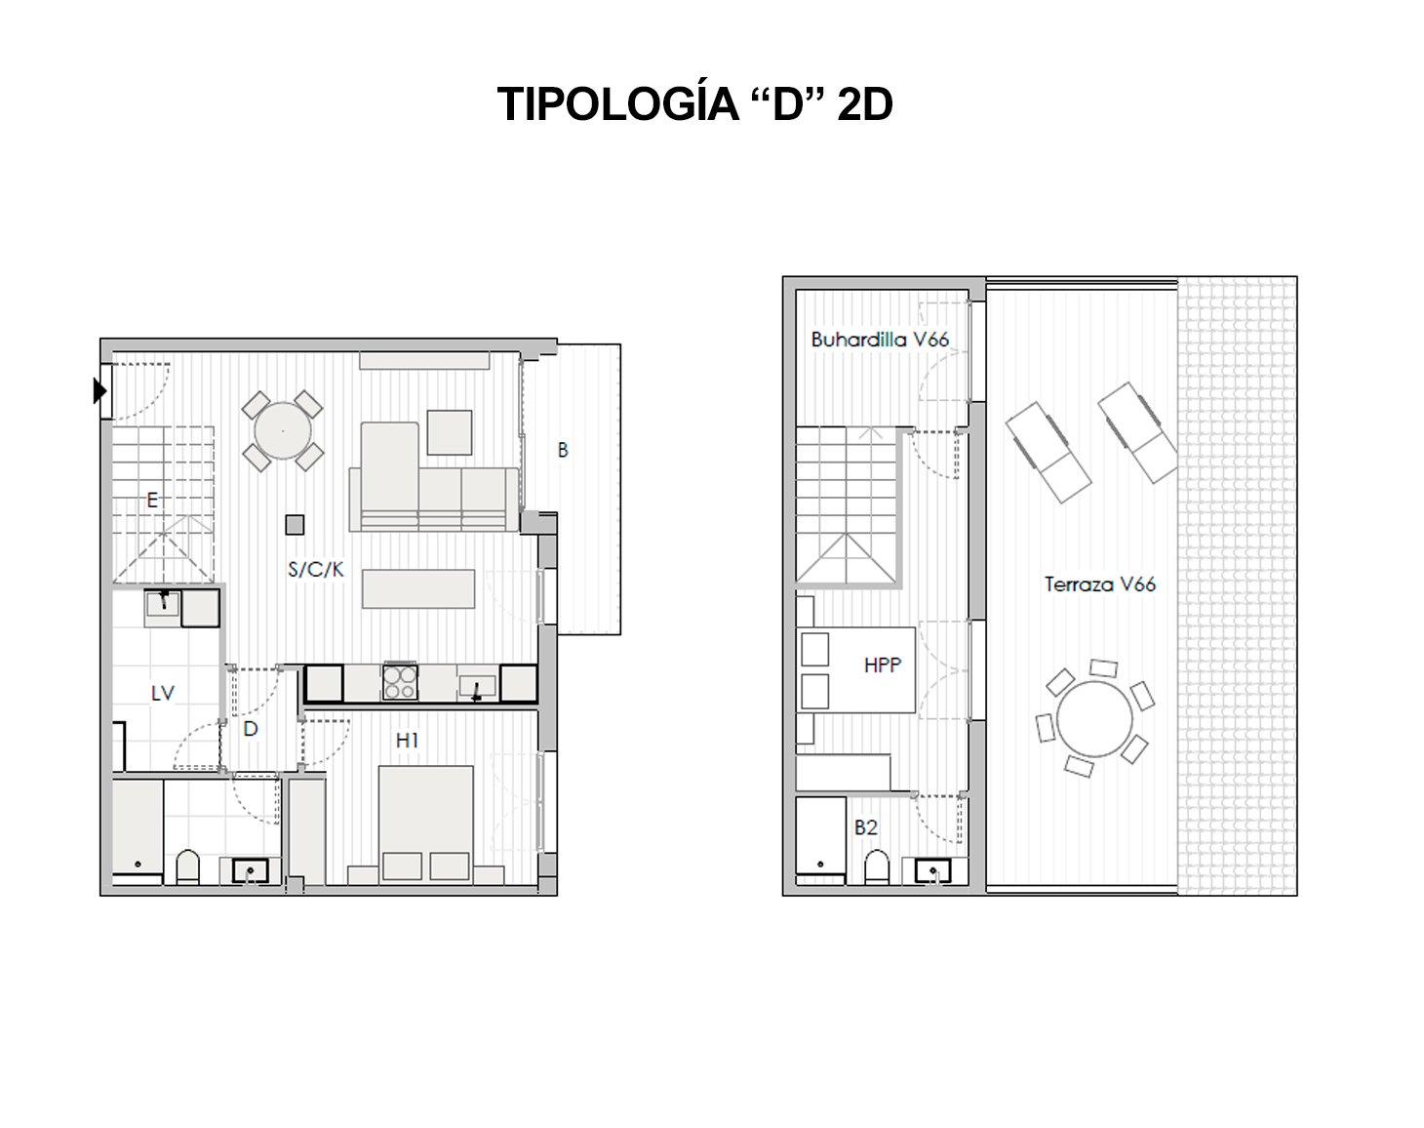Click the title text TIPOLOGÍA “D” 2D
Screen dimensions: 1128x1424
click(x=694, y=104)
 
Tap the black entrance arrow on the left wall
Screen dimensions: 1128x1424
click(x=99, y=391)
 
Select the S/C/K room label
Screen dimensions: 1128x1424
click(x=316, y=569)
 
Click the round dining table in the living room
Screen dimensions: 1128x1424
click(x=283, y=430)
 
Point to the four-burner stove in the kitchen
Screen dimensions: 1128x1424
click(x=400, y=681)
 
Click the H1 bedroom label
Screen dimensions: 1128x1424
click(x=407, y=741)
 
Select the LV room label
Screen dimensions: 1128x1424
click(x=162, y=693)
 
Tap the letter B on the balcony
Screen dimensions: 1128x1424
click(x=563, y=451)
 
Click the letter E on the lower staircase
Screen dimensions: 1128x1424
click(x=152, y=500)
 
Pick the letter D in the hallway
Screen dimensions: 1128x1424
click(x=251, y=729)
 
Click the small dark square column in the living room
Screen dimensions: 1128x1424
click(x=295, y=525)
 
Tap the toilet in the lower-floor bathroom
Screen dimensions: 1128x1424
click(x=188, y=866)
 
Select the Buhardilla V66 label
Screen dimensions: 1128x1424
click(x=880, y=340)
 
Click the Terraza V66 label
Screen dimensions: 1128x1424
click(x=1099, y=584)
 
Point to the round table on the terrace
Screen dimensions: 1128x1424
click(x=1094, y=717)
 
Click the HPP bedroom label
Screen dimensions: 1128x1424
click(x=882, y=665)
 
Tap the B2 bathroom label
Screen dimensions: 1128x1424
click(x=865, y=827)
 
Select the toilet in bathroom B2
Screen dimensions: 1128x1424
click(x=877, y=866)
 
